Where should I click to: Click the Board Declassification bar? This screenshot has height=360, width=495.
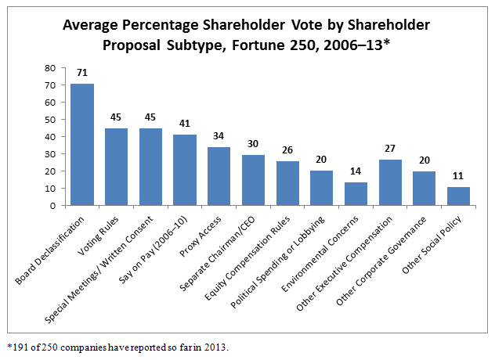[83, 145]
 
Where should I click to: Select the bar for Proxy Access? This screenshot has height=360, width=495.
[219, 176]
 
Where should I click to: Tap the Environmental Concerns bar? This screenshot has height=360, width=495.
[356, 194]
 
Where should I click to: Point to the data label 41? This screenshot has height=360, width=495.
[185, 123]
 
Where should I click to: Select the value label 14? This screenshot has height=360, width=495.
[356, 171]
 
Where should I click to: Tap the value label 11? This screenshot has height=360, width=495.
[458, 175]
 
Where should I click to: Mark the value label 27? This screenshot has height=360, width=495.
[390, 149]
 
